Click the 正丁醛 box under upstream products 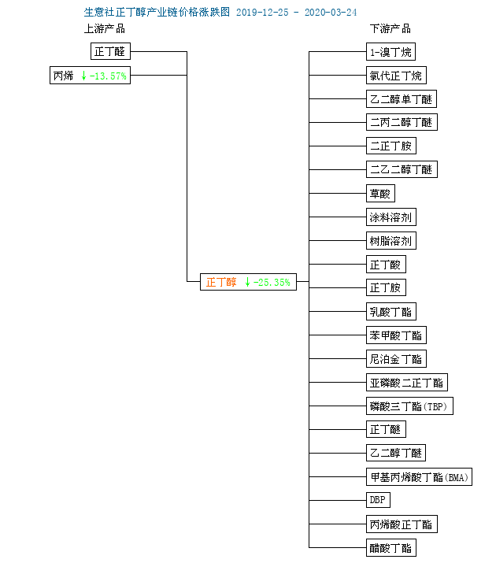pyautogui.click(x=110, y=52)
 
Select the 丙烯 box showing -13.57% pyautogui.click(x=90, y=76)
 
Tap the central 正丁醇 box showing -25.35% pyautogui.click(x=248, y=281)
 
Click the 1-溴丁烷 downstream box pyautogui.click(x=391, y=52)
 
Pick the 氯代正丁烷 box pyautogui.click(x=396, y=76)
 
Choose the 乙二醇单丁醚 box pyautogui.click(x=401, y=99)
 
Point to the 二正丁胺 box pyautogui.click(x=391, y=146)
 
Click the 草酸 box pyautogui.click(x=380, y=194)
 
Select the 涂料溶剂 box pyautogui.click(x=391, y=217)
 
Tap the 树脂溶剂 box pyautogui.click(x=391, y=241)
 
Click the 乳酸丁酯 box pyautogui.click(x=391, y=312)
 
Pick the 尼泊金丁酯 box pyautogui.click(x=396, y=359)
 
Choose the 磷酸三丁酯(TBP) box pyautogui.click(x=410, y=406)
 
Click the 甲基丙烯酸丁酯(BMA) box pyautogui.click(x=419, y=477)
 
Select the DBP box pyautogui.click(x=378, y=501)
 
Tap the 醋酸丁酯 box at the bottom pyautogui.click(x=391, y=548)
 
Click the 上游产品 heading pyautogui.click(x=104, y=29)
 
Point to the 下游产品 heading pyautogui.click(x=390, y=29)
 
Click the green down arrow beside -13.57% pyautogui.click(x=83, y=76)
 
